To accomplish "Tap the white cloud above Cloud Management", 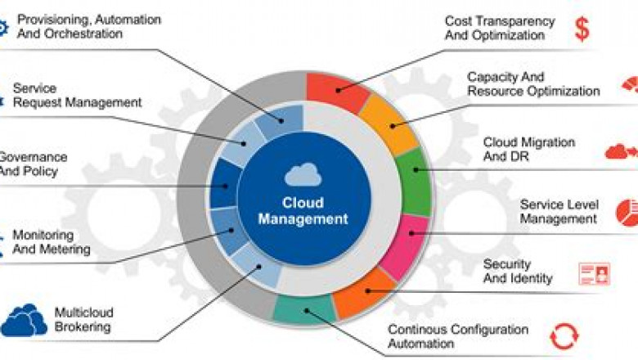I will pyautogui.click(x=303, y=175).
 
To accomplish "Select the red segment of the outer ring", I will pyautogui.click(x=335, y=92).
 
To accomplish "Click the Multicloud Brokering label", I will pyautogui.click(x=83, y=320).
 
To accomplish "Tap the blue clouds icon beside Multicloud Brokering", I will pyautogui.click(x=24, y=320).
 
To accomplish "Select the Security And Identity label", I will pyautogui.click(x=518, y=272).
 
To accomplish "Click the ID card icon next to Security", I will pyautogui.click(x=594, y=273).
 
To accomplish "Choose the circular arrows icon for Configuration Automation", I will pyautogui.click(x=564, y=335).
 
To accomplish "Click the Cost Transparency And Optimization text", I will pyautogui.click(x=499, y=28).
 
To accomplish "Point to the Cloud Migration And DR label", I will pyautogui.click(x=528, y=149).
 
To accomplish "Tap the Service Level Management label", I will pyautogui.click(x=559, y=211).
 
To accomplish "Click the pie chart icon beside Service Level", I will pyautogui.click(x=627, y=212).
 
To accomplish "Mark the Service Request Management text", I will pyautogui.click(x=77, y=96).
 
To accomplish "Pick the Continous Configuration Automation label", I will pyautogui.click(x=457, y=336).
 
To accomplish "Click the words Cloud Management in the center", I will pyautogui.click(x=303, y=210).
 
